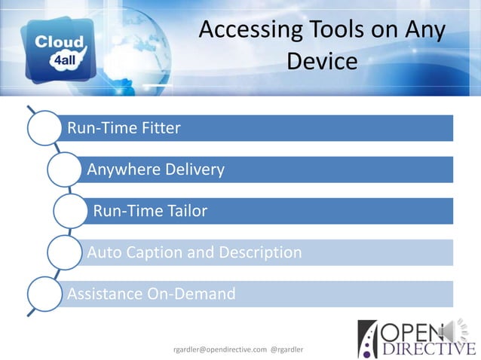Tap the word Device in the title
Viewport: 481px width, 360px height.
322,61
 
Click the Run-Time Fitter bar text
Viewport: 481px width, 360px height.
124,128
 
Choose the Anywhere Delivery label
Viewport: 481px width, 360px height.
155,169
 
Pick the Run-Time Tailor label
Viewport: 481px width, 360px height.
150,211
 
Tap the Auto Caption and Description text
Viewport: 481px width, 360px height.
195,252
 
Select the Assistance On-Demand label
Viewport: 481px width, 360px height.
151,294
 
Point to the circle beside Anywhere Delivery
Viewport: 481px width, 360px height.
64,170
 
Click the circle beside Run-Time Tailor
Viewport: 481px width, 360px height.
70,211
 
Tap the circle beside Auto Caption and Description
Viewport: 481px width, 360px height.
64,252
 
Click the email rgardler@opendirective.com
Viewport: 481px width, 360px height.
219,349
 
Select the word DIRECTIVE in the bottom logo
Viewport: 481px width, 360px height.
425,349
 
